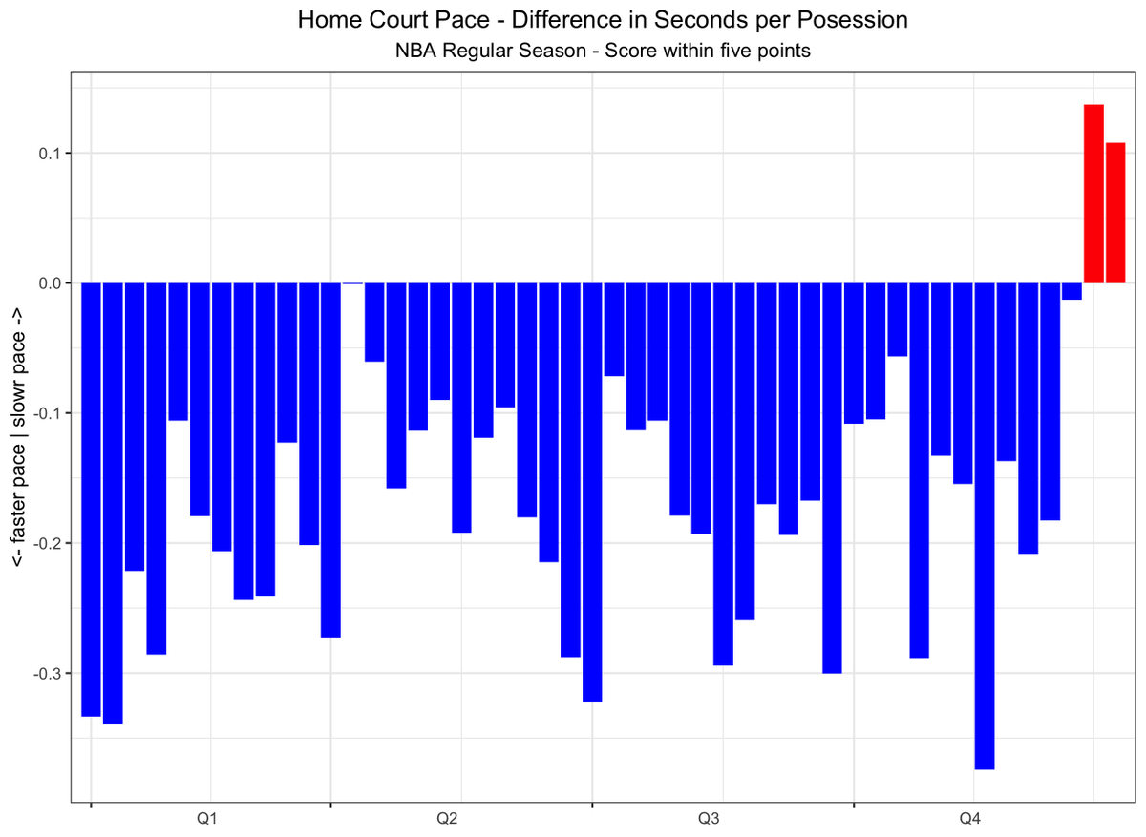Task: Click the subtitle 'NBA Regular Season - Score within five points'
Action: click(603, 52)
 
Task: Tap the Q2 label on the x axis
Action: click(447, 819)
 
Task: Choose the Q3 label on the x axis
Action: click(709, 819)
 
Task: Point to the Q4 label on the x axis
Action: click(970, 819)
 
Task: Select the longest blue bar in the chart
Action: click(985, 526)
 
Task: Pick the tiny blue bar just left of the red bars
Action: click(1072, 291)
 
